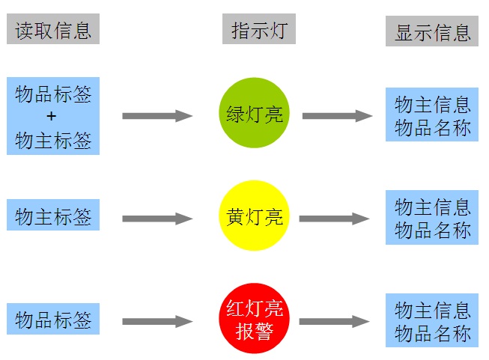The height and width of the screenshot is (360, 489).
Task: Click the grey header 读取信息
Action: pos(53,29)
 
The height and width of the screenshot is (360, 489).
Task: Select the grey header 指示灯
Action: pos(258,30)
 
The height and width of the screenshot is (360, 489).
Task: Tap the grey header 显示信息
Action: pos(432,32)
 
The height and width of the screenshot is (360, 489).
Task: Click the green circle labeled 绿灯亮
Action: pos(254,114)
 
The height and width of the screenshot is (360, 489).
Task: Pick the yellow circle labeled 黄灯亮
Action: pos(254,217)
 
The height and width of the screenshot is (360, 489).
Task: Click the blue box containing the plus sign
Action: pos(53,116)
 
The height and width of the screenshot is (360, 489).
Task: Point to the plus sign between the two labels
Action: pos(52,116)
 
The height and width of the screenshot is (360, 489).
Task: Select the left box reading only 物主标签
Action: pos(53,217)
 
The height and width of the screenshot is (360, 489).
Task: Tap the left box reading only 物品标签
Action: pos(53,320)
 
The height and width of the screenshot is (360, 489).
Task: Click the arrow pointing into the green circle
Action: pos(157,115)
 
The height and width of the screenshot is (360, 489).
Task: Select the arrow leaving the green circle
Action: pos(337,115)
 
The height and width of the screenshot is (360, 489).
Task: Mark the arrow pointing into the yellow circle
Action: pos(157,219)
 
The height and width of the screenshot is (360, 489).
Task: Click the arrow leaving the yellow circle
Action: pos(335,219)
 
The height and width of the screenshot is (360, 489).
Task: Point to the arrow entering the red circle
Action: pos(157,322)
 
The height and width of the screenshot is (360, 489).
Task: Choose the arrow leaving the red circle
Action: pos(335,322)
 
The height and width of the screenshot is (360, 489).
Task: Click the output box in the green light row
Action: pos(432,115)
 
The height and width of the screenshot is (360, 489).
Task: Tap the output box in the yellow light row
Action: pos(432,218)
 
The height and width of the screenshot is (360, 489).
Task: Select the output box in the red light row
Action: pos(432,320)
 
